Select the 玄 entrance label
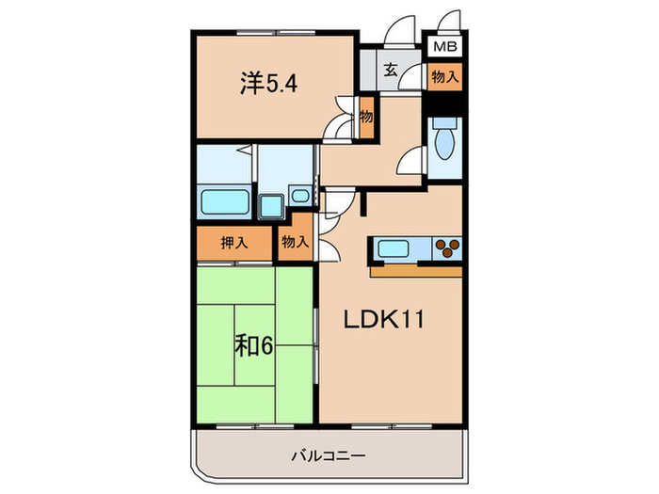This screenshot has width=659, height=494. pyautogui.click(x=389, y=69)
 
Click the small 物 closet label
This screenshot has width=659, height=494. pyautogui.click(x=366, y=117)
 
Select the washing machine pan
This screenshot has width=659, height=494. pyautogui.click(x=271, y=206)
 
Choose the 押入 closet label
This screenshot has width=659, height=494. pyautogui.click(x=234, y=243)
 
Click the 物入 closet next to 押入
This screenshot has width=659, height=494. pyautogui.click(x=295, y=243)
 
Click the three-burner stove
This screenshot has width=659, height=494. pyautogui.click(x=447, y=248)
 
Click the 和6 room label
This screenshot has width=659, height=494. pyautogui.click(x=253, y=346)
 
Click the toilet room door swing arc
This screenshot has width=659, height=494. pyautogui.click(x=409, y=163)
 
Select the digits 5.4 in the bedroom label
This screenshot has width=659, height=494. pyautogui.click(x=283, y=83)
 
